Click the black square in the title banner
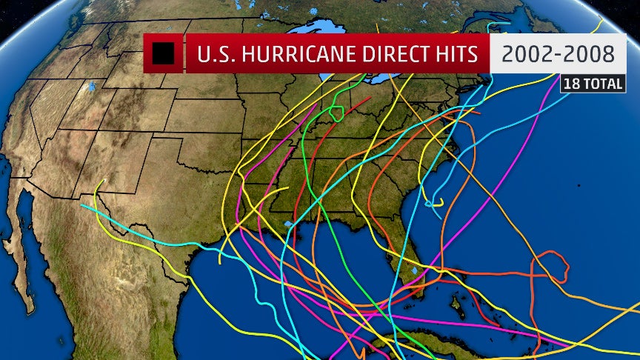point(162,53)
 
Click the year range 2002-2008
point(557,54)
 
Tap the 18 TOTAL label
point(593,84)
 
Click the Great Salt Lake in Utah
point(91,87)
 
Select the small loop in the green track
point(336,113)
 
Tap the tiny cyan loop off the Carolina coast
point(430,202)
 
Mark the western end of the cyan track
point(82,206)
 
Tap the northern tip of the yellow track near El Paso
point(102,180)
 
